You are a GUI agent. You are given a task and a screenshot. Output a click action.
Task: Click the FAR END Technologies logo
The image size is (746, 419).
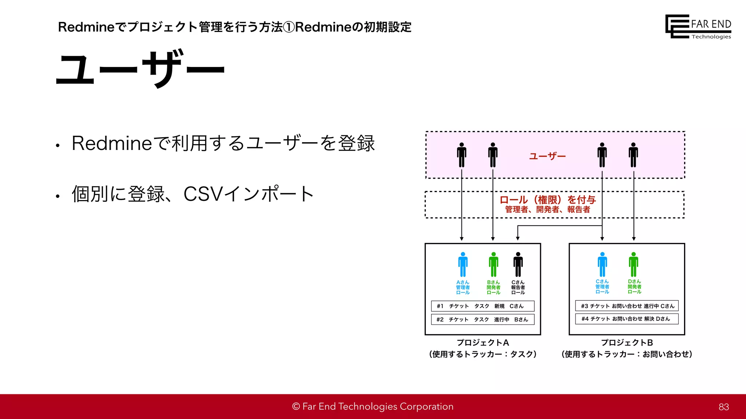click(698, 27)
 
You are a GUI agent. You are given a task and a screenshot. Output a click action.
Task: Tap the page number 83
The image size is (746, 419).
click(723, 407)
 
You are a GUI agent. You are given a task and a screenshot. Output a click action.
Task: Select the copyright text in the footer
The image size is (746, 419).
click(373, 407)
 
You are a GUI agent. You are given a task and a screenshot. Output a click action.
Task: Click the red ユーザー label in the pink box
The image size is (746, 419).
click(547, 156)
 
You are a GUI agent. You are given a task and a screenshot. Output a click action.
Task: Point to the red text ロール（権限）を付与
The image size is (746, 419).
click(547, 199)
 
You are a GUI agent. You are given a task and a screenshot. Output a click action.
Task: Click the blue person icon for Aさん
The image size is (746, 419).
click(463, 264)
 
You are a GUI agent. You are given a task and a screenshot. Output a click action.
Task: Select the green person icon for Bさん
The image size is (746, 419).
click(494, 264)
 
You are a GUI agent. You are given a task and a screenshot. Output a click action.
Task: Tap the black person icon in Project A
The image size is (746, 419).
click(518, 264)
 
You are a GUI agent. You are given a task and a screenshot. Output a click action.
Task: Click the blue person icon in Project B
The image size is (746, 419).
click(602, 264)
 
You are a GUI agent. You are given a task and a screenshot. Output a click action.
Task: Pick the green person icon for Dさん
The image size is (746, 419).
click(633, 264)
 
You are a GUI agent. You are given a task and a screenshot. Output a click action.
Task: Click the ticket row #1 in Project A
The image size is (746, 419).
click(483, 306)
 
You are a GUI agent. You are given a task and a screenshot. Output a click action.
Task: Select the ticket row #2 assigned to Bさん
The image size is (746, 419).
click(483, 319)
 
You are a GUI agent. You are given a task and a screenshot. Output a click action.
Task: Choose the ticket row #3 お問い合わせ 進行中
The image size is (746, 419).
click(627, 306)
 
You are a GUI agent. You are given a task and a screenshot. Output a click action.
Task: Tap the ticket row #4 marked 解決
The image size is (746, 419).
click(627, 319)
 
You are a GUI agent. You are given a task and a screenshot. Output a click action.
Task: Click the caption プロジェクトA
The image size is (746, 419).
click(483, 343)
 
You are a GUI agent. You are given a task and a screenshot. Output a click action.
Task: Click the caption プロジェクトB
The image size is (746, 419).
click(627, 343)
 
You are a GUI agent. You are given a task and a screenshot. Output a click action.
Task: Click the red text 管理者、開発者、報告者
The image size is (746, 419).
click(547, 209)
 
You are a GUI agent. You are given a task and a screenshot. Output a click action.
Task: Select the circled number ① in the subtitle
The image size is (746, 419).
click(289, 27)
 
